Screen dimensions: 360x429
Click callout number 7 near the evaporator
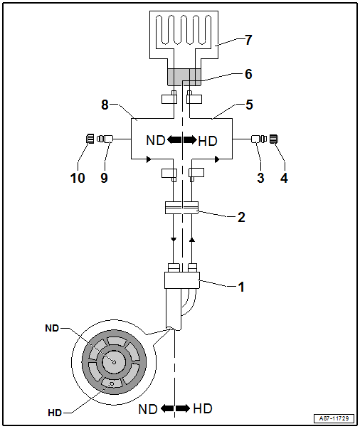click(x=248, y=40)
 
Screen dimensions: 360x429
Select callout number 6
click(x=248, y=74)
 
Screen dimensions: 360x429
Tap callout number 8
click(x=105, y=105)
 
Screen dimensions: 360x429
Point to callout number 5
click(x=249, y=105)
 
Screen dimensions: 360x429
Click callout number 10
click(x=78, y=178)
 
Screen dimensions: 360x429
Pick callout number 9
click(x=104, y=178)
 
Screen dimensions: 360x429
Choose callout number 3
click(x=260, y=178)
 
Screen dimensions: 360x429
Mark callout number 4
click(x=284, y=178)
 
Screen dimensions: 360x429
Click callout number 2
click(x=241, y=217)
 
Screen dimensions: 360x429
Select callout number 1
click(x=241, y=287)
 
